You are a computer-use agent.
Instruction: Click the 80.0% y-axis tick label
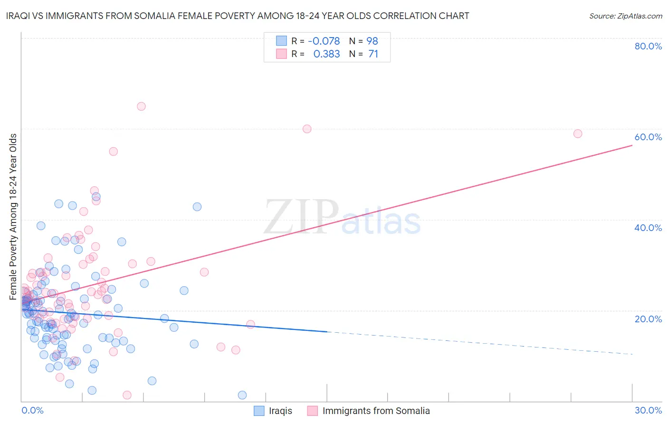pos(648,46)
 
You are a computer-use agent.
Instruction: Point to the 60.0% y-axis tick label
pos(648,137)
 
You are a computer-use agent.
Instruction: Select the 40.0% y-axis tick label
pos(648,228)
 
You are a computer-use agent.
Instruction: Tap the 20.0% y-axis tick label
pos(648,318)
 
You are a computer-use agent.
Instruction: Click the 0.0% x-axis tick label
pos(32,410)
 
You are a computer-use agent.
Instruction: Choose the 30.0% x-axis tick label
pos(648,410)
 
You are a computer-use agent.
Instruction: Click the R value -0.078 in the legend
pos(324,41)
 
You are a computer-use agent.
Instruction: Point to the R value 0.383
pos(326,54)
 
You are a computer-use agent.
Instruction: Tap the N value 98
pos(372,41)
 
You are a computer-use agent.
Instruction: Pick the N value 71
pos(373,54)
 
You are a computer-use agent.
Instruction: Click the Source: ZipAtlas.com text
pos(625,16)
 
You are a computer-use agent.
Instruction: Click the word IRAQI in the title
pos(19,16)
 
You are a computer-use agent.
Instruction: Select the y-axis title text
pos(13,217)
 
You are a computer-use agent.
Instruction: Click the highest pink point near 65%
pos(141,106)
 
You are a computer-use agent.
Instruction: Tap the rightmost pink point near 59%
pos(578,134)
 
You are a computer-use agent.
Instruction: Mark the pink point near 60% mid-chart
pos(307,129)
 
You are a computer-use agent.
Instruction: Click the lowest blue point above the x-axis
pos(242,395)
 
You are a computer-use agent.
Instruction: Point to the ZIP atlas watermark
pos(342,218)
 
